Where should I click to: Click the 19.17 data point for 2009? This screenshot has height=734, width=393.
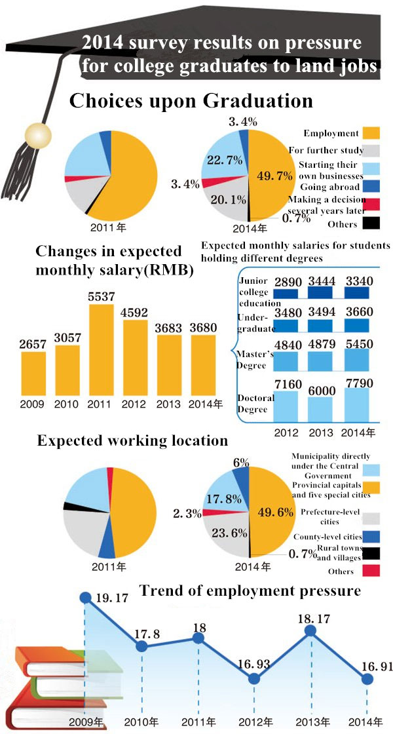(x=85, y=597)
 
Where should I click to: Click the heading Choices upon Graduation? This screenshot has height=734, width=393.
(x=191, y=102)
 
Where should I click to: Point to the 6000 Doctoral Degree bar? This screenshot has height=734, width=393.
(x=321, y=408)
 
